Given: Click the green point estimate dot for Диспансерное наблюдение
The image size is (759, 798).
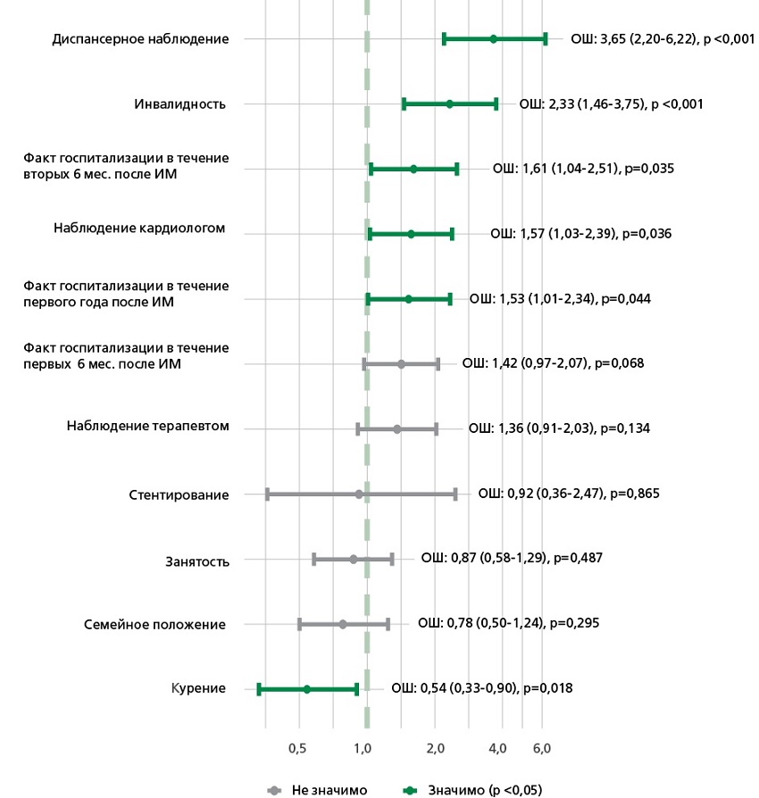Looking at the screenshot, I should coord(493,39).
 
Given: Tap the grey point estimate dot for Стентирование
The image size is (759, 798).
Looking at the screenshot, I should coord(359,494).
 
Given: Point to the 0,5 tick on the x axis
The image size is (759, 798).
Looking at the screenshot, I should coord(298,747).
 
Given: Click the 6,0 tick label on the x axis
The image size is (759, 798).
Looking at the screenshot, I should coord(541,747).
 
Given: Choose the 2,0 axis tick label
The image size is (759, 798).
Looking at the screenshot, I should coord(435,747).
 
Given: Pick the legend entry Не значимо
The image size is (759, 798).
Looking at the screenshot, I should coord(328,790).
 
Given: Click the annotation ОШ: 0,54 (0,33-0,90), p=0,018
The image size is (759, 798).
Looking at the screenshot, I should coord(481,688).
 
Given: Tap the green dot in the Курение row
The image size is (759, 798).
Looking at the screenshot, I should coord(306,689).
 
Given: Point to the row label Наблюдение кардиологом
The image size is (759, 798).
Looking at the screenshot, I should coord(139,229).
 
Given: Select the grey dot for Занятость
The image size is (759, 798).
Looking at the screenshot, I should coord(354,559).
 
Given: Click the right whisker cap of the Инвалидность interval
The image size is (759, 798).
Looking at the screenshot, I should coord(496,104).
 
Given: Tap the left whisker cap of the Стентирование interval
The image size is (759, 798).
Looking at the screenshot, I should coord(267,494).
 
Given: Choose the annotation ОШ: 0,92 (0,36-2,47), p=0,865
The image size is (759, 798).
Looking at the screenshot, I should coord(568,493).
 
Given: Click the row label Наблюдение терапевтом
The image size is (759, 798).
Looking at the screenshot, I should coord(148,427).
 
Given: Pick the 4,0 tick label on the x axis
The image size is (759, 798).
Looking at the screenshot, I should coord(497,747).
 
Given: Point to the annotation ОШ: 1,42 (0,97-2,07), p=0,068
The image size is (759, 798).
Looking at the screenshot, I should coord(553,363).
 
